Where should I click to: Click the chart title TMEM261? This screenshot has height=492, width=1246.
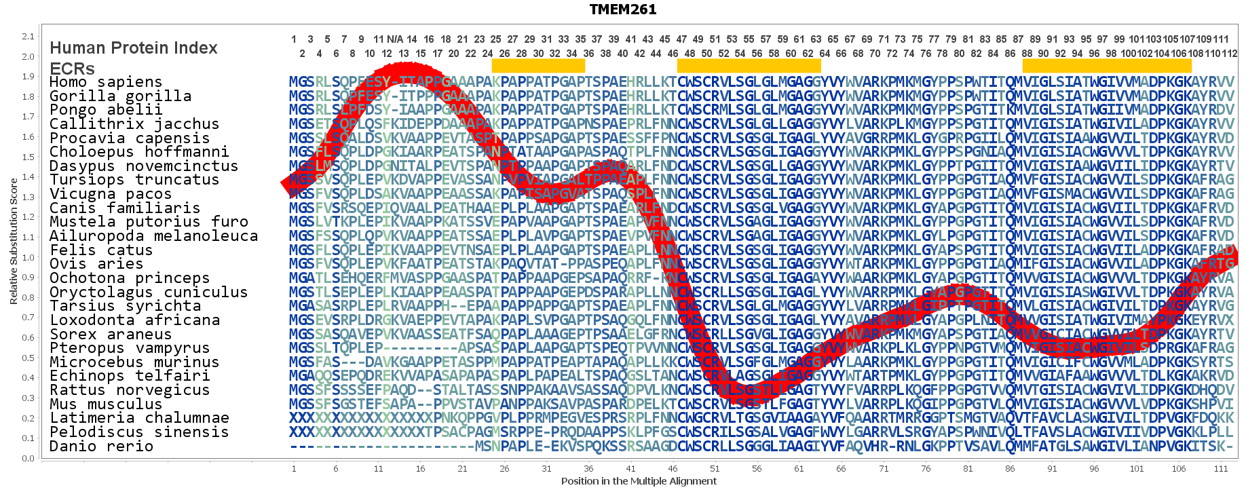(x=622, y=10)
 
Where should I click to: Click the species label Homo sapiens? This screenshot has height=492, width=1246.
(x=106, y=82)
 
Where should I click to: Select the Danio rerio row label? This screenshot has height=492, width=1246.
(x=101, y=447)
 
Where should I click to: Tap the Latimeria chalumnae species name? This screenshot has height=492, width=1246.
(x=139, y=418)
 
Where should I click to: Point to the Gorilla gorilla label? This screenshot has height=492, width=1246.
(x=120, y=96)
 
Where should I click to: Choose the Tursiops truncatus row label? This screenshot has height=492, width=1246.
(x=134, y=180)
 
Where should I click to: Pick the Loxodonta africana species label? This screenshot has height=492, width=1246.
(x=134, y=320)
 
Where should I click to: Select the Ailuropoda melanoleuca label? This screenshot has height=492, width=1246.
(x=153, y=236)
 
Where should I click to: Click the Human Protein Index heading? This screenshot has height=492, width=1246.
(x=134, y=48)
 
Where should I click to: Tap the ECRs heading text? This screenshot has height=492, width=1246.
(x=72, y=69)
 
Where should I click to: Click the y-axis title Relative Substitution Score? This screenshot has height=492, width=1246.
(x=14, y=241)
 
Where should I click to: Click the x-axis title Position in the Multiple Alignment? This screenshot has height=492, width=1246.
(x=639, y=481)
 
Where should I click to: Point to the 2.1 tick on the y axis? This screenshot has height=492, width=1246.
(x=28, y=37)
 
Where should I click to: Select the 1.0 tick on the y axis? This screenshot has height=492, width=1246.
(x=28, y=257)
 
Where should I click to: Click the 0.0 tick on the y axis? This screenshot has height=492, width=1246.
(x=28, y=458)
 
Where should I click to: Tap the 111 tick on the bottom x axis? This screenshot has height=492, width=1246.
(x=1221, y=468)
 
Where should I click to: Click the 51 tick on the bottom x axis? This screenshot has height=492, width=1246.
(x=715, y=468)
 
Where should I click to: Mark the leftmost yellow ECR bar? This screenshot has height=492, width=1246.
(x=538, y=66)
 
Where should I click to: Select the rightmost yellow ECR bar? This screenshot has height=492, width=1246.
(x=1107, y=66)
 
